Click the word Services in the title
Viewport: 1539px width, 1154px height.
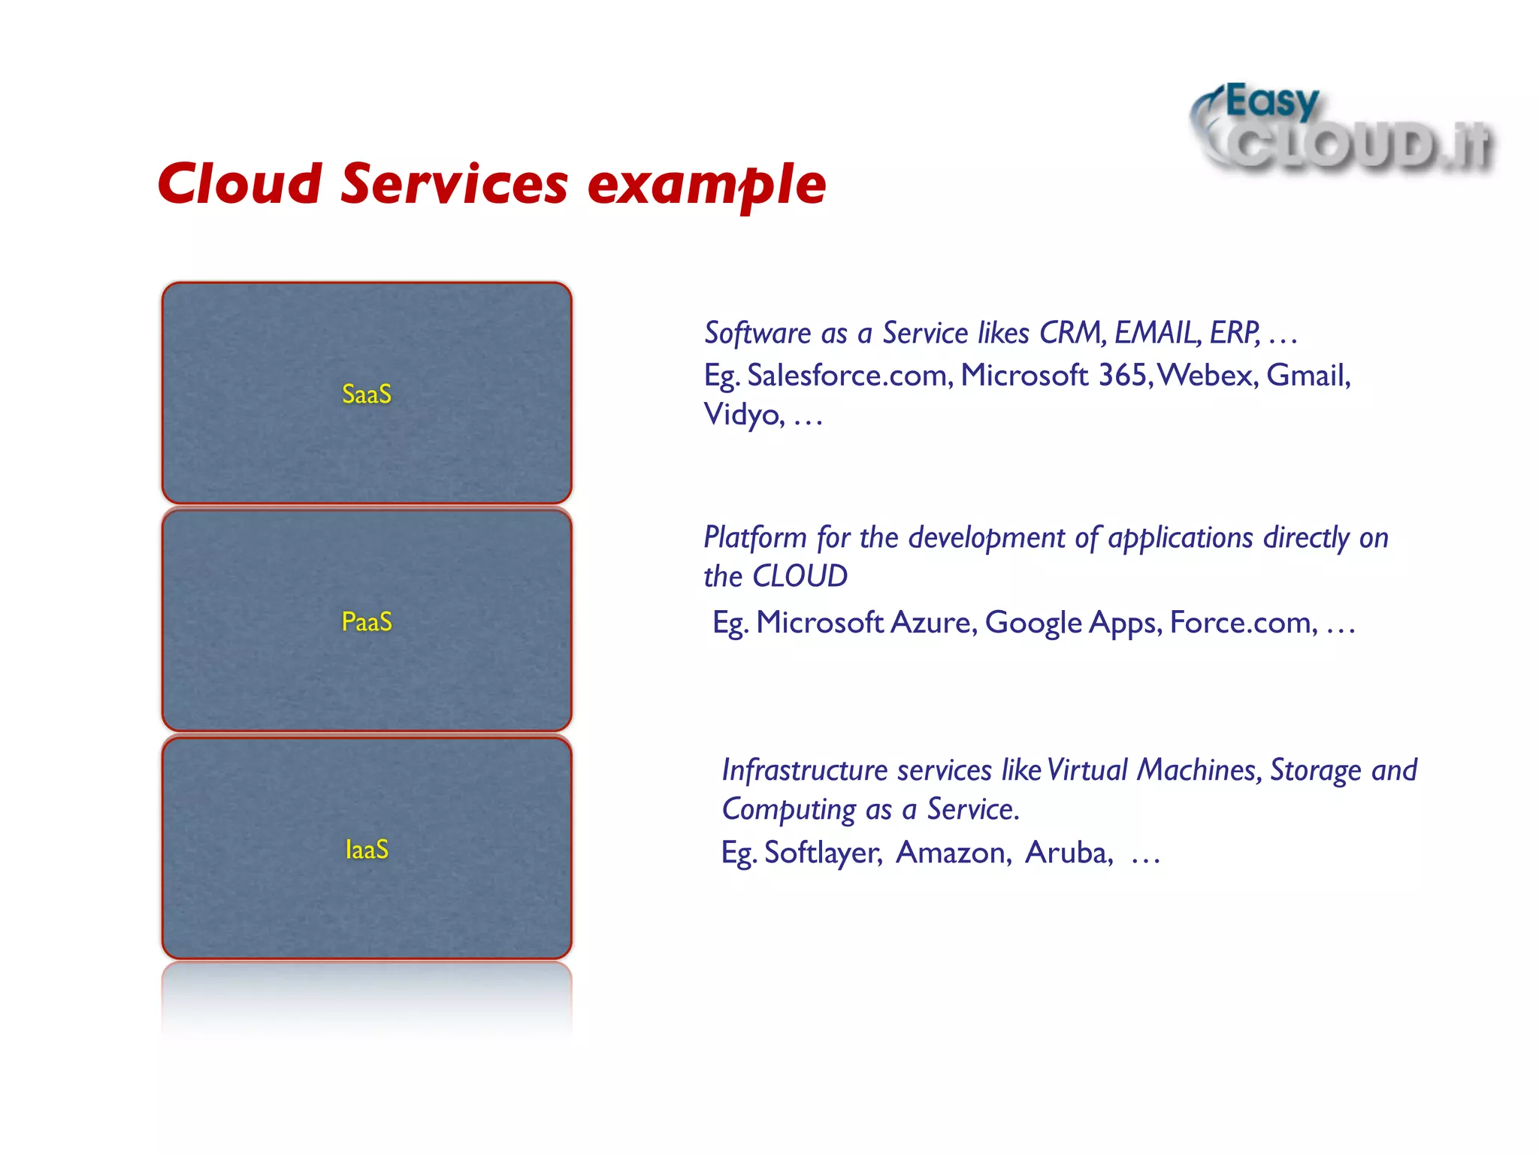point(454,184)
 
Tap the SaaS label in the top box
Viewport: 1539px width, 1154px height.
point(367,394)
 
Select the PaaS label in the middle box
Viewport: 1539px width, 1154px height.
point(367,622)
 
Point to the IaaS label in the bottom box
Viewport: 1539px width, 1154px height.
point(367,850)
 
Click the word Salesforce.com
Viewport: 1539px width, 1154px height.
point(850,376)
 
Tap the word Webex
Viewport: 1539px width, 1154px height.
point(1207,376)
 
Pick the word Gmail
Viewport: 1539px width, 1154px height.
point(1308,376)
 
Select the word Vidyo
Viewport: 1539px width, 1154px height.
point(744,415)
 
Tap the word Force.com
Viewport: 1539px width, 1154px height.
point(1243,623)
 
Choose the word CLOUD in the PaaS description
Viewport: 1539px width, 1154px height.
point(800,576)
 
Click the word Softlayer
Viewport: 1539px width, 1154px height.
point(823,853)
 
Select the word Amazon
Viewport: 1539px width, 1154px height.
point(954,853)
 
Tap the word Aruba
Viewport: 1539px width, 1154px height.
point(1069,853)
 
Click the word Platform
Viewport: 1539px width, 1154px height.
point(755,538)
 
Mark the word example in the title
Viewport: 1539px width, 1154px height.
point(706,184)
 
